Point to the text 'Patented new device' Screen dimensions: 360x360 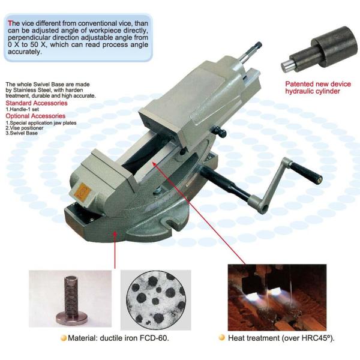(312, 84)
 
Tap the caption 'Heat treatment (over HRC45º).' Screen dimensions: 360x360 (281, 338)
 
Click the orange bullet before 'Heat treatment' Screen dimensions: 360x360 (221, 338)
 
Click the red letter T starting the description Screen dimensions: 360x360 (10, 22)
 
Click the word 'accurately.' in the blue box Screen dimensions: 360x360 (25, 52)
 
